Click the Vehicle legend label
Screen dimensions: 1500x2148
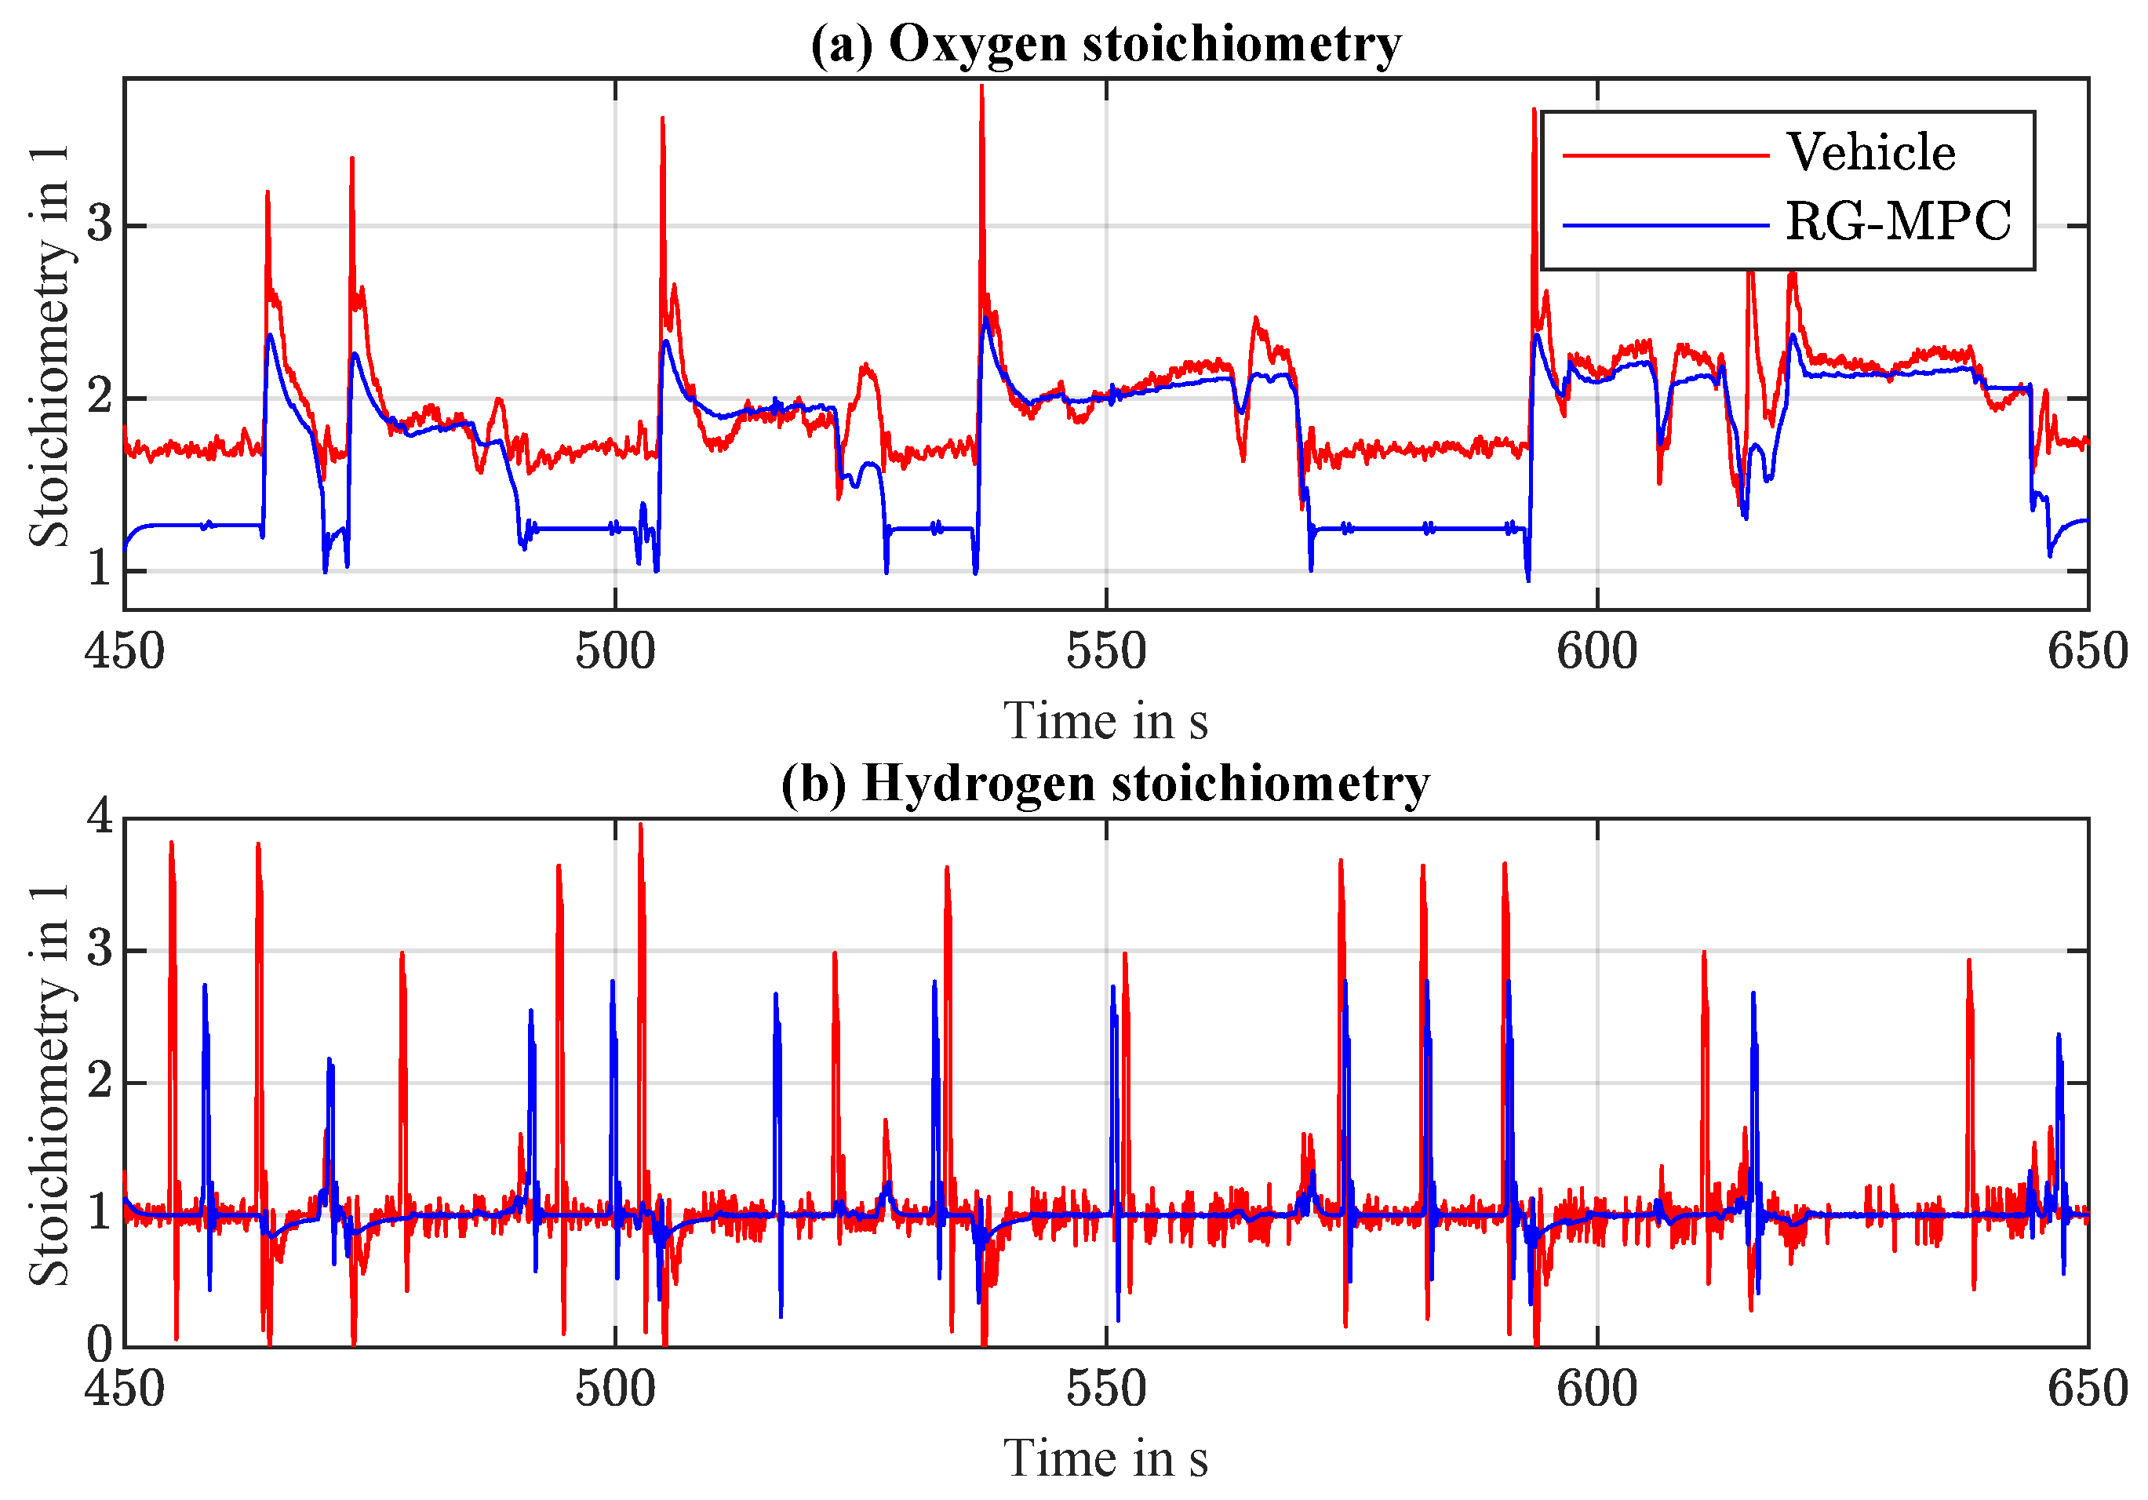1870,151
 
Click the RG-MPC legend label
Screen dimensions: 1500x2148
1899,223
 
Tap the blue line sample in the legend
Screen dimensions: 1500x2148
1666,224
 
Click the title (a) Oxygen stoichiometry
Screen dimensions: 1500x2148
1106,43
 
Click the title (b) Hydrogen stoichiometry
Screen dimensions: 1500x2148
1106,782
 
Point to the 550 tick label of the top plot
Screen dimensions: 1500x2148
1106,651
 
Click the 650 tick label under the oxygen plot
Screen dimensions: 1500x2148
2087,651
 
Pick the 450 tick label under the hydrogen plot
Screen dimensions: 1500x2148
125,1389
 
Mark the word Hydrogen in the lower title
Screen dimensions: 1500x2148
978,782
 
